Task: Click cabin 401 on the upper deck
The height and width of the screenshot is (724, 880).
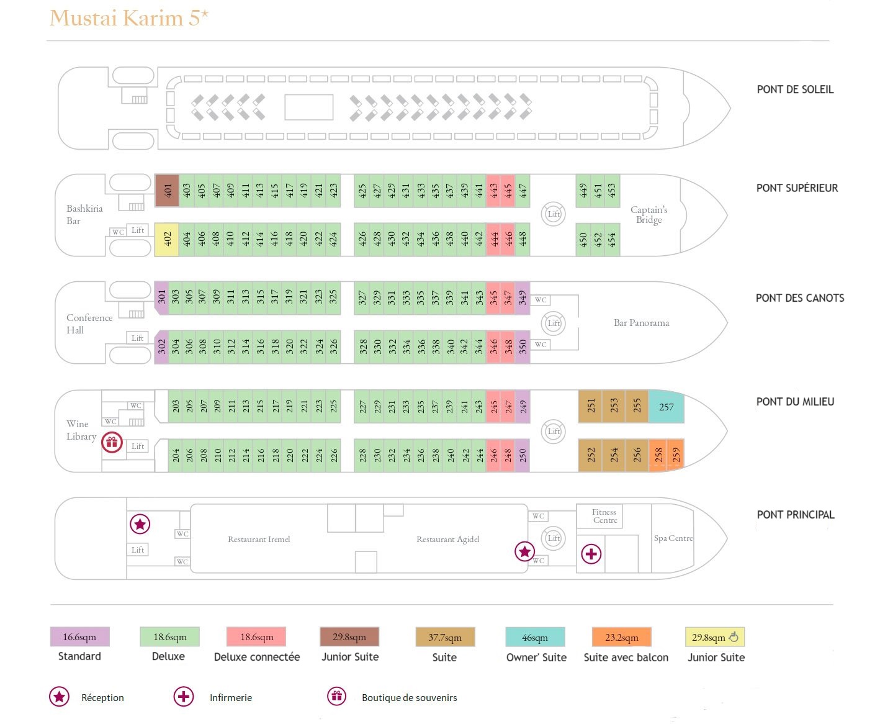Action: point(167,191)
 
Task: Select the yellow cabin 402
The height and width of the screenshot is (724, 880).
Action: point(167,239)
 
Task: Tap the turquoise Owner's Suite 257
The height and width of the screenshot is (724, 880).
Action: point(666,407)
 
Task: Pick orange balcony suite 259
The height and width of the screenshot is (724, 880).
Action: point(676,455)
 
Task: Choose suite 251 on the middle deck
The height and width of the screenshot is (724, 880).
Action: point(590,407)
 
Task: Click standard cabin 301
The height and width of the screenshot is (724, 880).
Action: point(161,297)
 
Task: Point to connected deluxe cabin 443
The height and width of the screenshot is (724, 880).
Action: point(493,191)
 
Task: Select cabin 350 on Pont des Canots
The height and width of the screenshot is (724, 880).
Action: point(523,347)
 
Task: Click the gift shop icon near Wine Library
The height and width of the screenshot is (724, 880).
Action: point(112,441)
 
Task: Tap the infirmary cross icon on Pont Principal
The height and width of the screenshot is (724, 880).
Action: point(591,554)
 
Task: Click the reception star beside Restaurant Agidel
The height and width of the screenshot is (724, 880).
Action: point(524,551)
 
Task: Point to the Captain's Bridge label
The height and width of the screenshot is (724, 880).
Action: point(649,215)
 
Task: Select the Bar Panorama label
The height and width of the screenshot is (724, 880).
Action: point(641,323)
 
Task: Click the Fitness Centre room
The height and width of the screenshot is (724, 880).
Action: point(604,516)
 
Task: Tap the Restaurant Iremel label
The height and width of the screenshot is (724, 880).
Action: point(259,539)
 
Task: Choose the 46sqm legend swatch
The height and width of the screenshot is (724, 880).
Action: point(535,637)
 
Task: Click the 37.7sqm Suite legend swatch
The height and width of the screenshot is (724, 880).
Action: point(445,637)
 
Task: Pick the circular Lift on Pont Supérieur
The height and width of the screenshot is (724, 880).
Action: point(554,214)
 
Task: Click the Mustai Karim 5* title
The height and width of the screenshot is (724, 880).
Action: point(129,19)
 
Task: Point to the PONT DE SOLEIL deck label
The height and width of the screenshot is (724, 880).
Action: point(795,89)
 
